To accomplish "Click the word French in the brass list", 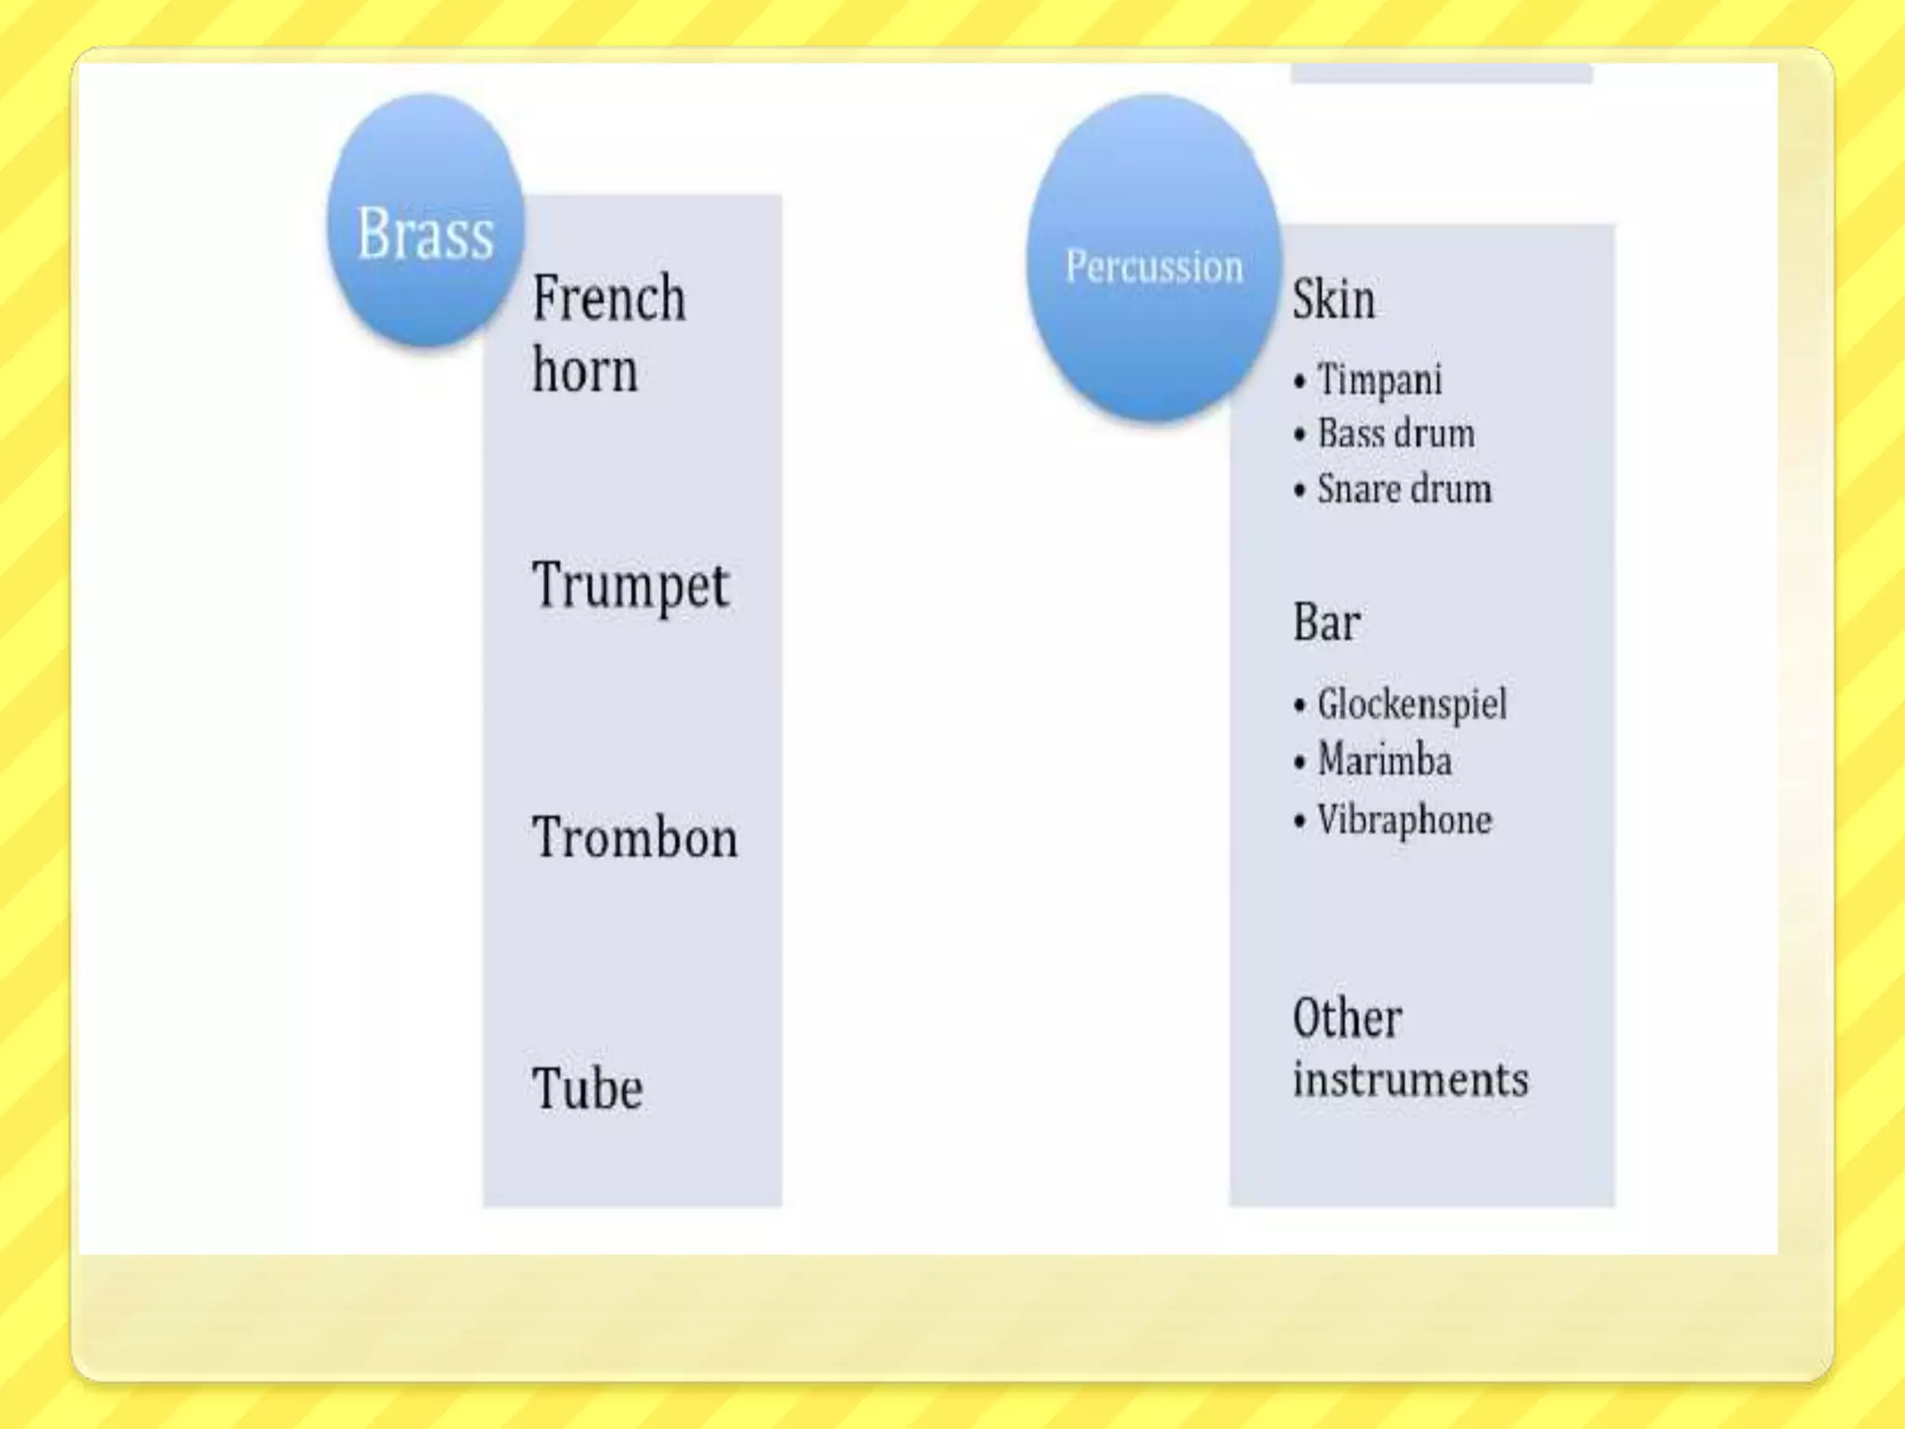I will click(609, 299).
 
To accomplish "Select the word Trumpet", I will click(631, 586).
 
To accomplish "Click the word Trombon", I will click(635, 837).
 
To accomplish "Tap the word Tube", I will click(587, 1088).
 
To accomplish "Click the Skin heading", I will click(1333, 300).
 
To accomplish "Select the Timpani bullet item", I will click(1379, 380).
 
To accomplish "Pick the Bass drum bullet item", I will click(1395, 434).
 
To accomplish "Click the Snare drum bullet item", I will click(1404, 489).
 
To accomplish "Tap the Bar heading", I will click(1326, 621).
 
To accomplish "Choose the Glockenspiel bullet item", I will click(1411, 704).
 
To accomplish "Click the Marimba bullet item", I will click(1384, 761).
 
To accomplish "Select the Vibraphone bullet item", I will click(1404, 820).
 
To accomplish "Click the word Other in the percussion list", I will click(1347, 1018).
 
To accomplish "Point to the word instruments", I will click(1410, 1080).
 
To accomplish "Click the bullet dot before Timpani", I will click(1299, 381).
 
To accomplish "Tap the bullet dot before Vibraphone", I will click(1299, 821).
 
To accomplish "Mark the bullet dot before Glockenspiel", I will click(1299, 706).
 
